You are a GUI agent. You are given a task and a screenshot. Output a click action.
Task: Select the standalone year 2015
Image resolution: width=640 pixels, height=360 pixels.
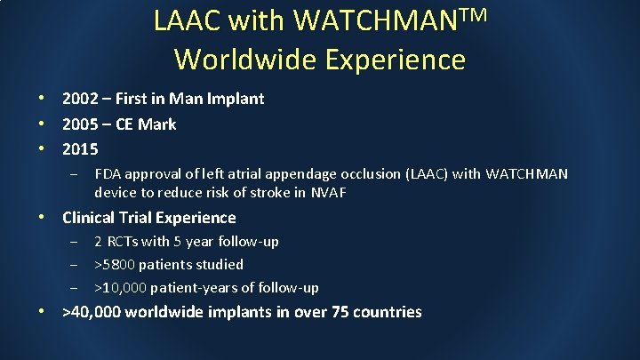pyautogui.click(x=81, y=148)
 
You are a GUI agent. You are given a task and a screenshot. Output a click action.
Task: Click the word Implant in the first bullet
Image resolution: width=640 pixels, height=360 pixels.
pyautogui.click(x=236, y=99)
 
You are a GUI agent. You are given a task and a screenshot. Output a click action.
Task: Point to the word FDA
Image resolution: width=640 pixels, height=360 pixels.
pyautogui.click(x=108, y=174)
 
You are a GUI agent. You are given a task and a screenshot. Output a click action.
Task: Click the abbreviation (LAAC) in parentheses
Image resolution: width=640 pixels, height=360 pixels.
pyautogui.click(x=426, y=174)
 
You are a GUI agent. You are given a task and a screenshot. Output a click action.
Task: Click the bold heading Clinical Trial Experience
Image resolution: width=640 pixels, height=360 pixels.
pyautogui.click(x=149, y=218)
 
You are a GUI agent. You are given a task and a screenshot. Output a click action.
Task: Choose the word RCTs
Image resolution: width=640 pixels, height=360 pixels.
pyautogui.click(x=130, y=242)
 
